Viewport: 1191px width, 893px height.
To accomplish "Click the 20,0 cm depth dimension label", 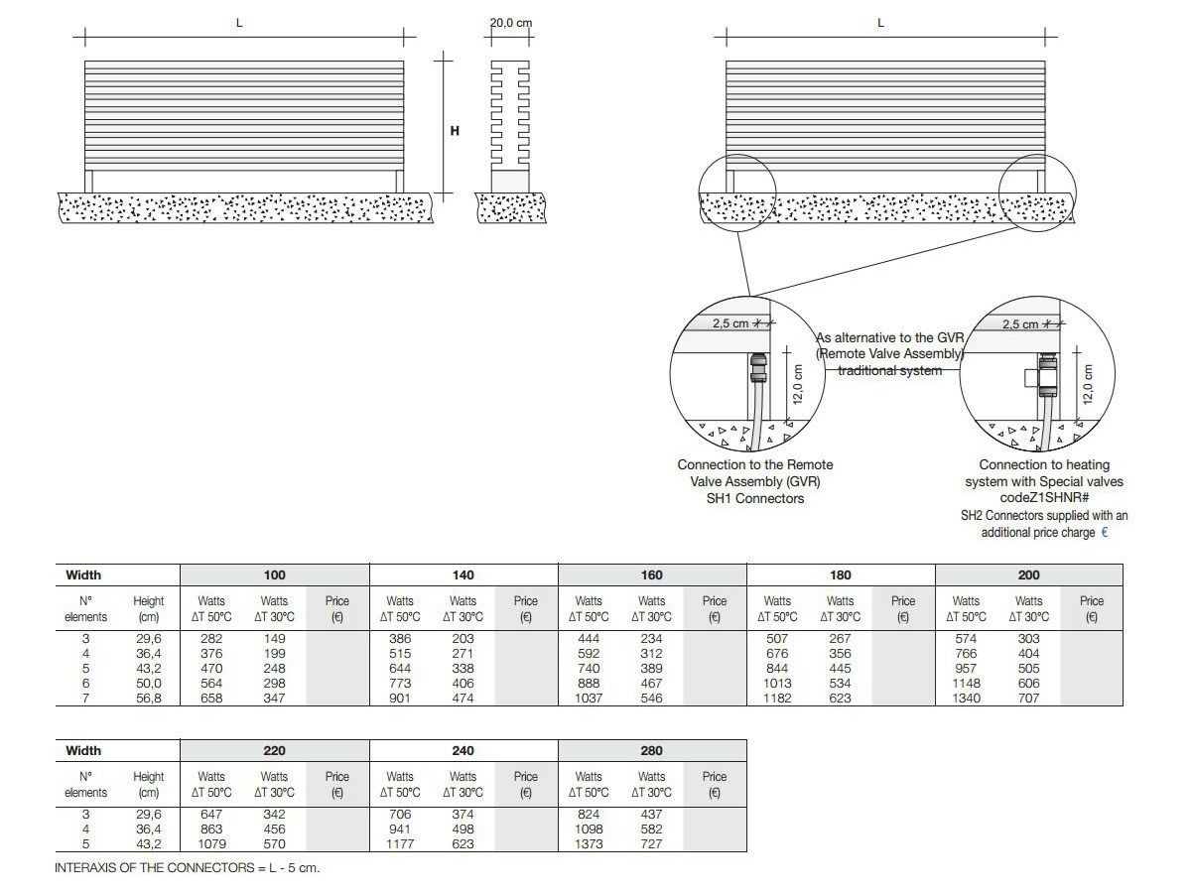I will [x=511, y=23].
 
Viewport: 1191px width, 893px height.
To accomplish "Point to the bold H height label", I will [x=455, y=130].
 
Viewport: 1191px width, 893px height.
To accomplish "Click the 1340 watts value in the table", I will [x=966, y=699].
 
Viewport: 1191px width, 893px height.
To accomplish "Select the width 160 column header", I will [x=652, y=575].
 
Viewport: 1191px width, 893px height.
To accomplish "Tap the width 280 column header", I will [x=652, y=751].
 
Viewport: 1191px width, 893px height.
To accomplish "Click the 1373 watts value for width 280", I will [x=589, y=844].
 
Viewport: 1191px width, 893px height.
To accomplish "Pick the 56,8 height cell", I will [x=149, y=699].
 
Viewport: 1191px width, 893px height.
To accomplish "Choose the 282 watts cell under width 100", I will [x=211, y=639].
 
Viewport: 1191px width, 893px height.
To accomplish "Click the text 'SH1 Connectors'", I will [x=755, y=498].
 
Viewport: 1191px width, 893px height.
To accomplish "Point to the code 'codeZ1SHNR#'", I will [x=1044, y=498].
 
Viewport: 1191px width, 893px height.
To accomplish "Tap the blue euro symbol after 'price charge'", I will [x=1105, y=533].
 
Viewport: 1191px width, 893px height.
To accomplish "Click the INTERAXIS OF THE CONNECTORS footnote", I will [x=188, y=868].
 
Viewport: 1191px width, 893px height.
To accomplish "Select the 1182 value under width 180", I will [x=777, y=699].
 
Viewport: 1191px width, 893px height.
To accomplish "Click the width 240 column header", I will [x=463, y=751].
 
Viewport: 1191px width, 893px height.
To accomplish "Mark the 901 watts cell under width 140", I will [x=400, y=699].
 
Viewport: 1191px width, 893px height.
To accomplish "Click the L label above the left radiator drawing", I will [x=239, y=23].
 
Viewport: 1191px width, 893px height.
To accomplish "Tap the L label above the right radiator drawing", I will [x=880, y=23].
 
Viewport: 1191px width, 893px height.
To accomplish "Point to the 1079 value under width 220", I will [x=211, y=844].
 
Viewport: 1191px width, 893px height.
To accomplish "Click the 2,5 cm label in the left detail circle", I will [x=729, y=323].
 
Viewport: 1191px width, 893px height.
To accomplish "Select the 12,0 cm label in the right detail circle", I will [x=1088, y=385].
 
